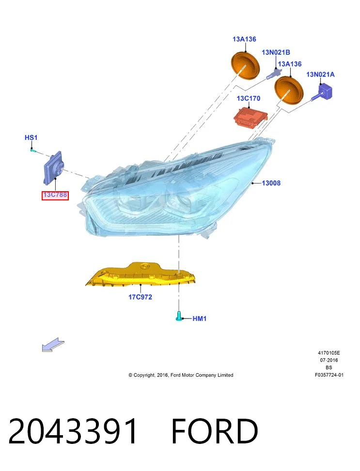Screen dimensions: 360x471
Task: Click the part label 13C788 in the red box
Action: point(55,195)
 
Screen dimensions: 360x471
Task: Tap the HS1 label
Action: point(31,137)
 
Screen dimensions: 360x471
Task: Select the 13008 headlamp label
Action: point(271,183)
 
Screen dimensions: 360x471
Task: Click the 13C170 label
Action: point(249,98)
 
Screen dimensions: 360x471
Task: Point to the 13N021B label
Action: point(276,52)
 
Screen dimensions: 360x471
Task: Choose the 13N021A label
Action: point(320,74)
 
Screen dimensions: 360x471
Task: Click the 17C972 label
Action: point(140,297)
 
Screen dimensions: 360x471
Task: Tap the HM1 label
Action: point(200,319)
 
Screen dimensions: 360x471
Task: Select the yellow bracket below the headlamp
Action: point(141,273)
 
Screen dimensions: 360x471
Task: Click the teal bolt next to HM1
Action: point(179,316)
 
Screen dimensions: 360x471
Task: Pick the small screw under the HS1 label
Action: point(33,150)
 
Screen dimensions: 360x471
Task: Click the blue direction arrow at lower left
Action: point(53,345)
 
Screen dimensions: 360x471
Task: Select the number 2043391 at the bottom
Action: point(73,431)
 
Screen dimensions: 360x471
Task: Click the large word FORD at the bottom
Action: point(215,431)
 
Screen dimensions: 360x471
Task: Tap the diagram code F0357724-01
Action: point(329,375)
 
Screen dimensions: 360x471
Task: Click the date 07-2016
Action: point(329,360)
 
